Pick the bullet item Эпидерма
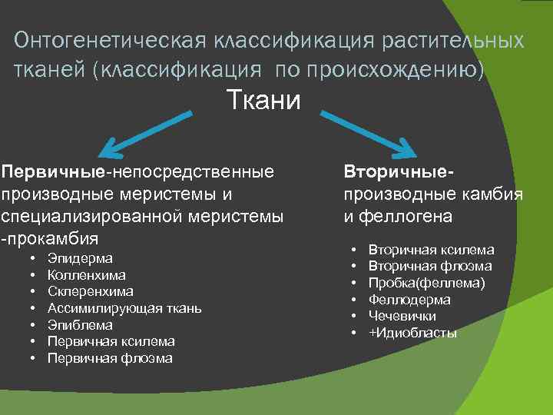click(x=80, y=258)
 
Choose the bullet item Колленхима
click(x=87, y=275)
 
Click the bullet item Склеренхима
click(x=90, y=292)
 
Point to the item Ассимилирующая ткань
click(x=124, y=309)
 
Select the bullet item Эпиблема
click(x=80, y=325)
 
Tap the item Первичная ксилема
click(x=111, y=342)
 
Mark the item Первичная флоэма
click(x=110, y=359)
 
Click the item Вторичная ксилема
click(x=431, y=250)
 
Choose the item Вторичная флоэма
click(x=430, y=267)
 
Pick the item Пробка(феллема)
click(x=426, y=284)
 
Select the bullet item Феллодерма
click(x=409, y=300)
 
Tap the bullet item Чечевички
click(x=402, y=317)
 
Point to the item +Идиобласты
click(x=412, y=334)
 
